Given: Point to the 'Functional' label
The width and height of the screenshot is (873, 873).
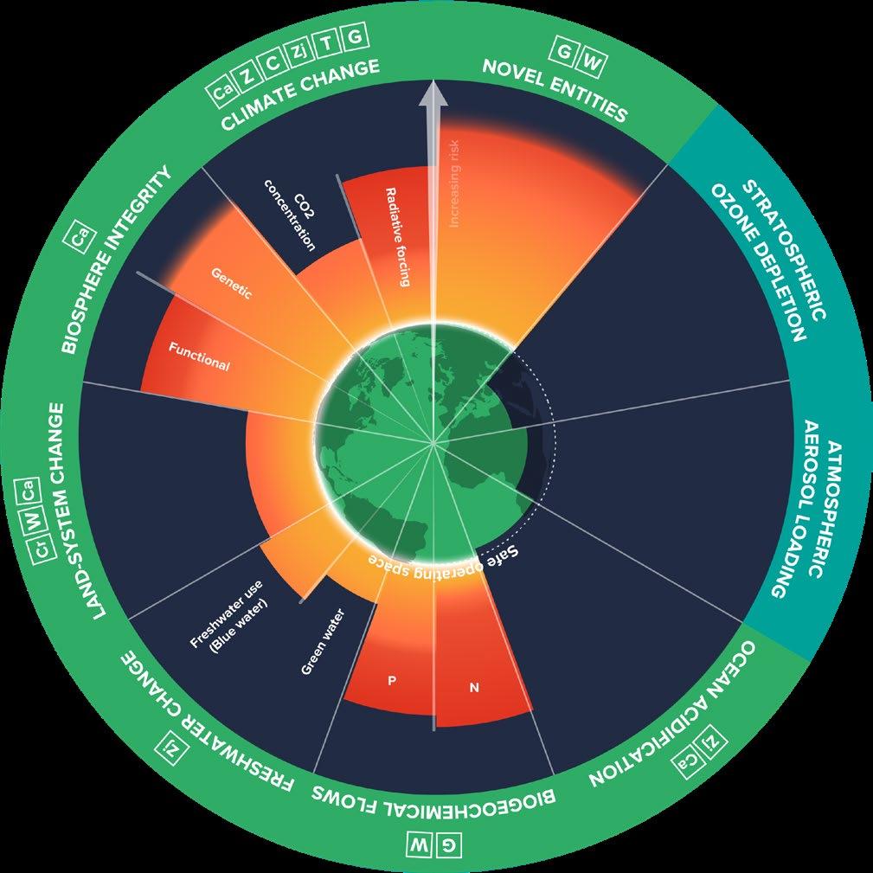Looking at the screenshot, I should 199,357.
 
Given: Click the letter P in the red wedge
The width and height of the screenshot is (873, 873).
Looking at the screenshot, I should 391,680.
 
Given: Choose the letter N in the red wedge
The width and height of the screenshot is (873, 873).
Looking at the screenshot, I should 473,688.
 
